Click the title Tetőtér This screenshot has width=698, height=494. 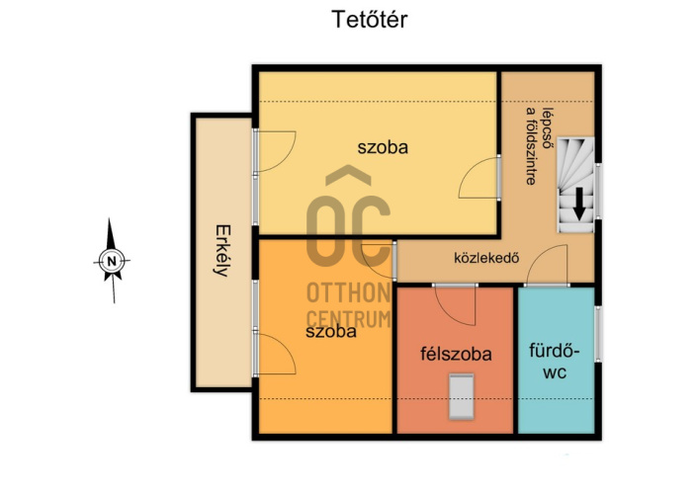[x=370, y=20]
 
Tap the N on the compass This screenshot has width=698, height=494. [x=112, y=261]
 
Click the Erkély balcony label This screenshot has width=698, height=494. [x=223, y=251]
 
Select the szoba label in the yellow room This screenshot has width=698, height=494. [x=383, y=147]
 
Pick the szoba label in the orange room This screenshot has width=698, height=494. [x=331, y=332]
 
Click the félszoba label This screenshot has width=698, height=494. [x=457, y=354]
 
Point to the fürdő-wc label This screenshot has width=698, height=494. [x=555, y=361]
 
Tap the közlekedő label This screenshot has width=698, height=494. [x=486, y=258]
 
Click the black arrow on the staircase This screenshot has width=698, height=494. [x=578, y=204]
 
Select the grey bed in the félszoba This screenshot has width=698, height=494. [x=461, y=396]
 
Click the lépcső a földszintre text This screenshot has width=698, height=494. [x=539, y=146]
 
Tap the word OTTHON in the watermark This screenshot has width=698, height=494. [x=349, y=292]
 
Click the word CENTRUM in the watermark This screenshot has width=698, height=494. [x=349, y=319]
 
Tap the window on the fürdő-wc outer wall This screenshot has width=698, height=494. [x=598, y=333]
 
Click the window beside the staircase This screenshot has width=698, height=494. [x=598, y=191]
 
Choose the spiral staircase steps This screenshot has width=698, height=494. [x=576, y=184]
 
